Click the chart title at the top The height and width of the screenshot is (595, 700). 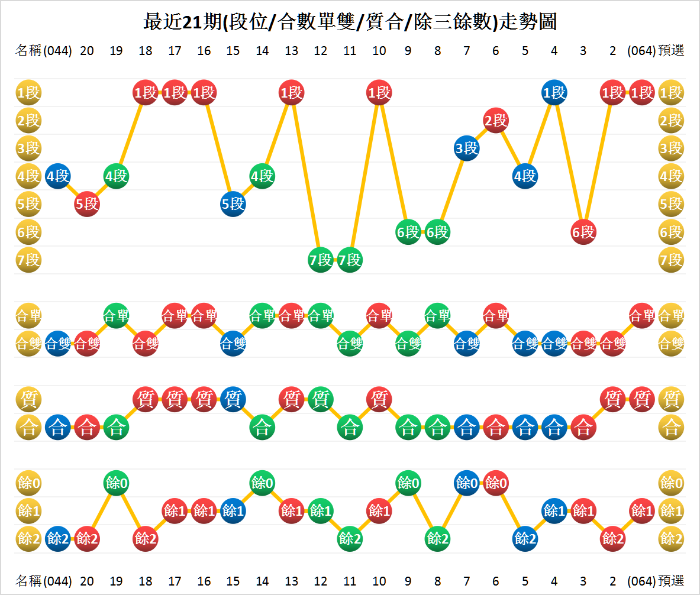[350, 22]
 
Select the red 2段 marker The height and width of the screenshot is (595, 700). [496, 121]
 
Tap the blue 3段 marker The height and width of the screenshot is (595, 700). [467, 148]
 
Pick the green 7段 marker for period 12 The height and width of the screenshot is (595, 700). [321, 260]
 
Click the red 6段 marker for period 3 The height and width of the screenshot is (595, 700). [583, 232]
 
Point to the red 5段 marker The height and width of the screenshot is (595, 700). [87, 204]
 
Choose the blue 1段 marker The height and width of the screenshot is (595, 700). [554, 93]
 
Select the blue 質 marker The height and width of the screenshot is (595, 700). [233, 399]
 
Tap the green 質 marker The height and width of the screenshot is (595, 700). [321, 399]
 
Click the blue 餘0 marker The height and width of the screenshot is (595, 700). [467, 483]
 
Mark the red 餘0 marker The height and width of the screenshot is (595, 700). [496, 483]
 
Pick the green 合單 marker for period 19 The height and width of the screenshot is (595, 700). [116, 315]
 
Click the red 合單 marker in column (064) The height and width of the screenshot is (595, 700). [642, 315]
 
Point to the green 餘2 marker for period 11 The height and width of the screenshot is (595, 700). [350, 538]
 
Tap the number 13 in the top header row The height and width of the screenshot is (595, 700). [291, 51]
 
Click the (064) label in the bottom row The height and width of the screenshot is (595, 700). [641, 580]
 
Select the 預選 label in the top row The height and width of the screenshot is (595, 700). [671, 51]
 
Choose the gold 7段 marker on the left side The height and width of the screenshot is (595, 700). [28, 260]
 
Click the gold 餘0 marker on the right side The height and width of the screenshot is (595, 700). [671, 483]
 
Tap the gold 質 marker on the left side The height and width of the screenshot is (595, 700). [28, 399]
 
